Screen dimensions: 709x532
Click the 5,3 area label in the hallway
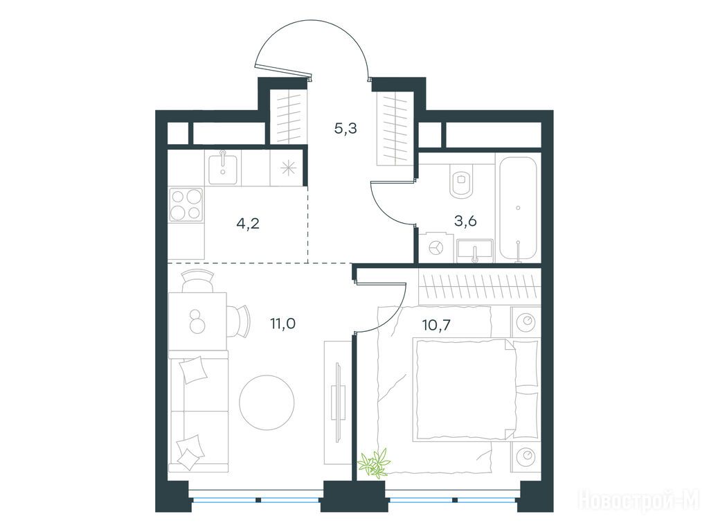pyautogui.click(x=345, y=129)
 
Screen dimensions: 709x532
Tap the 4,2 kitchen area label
pyautogui.click(x=248, y=223)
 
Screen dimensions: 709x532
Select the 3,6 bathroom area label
pyautogui.click(x=465, y=221)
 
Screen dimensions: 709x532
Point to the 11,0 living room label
pyautogui.click(x=282, y=323)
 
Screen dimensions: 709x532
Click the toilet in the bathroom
pyautogui.click(x=461, y=181)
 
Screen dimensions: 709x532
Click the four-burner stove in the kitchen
pyautogui.click(x=186, y=205)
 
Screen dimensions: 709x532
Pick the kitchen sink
pyautogui.click(x=222, y=168)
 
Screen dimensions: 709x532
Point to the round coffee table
pyautogui.click(x=267, y=402)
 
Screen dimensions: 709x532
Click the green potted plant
pyautogui.click(x=373, y=462)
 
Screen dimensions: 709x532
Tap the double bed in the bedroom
pyautogui.click(x=475, y=390)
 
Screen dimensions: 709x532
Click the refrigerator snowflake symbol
pyautogui.click(x=287, y=168)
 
